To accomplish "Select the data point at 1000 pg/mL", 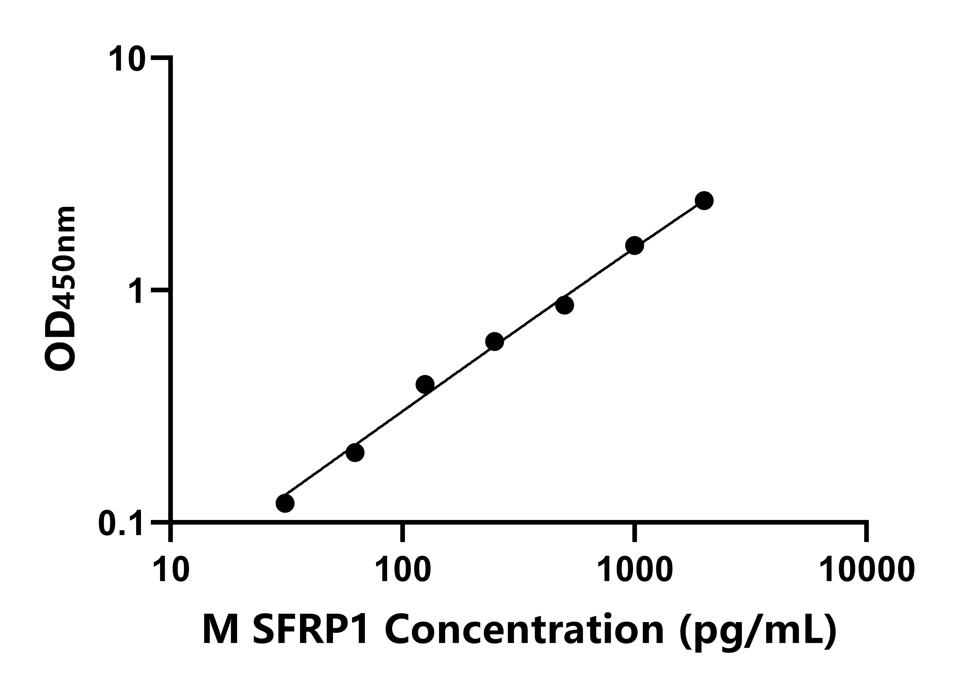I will pos(634,246).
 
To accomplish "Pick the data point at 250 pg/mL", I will pos(494,342).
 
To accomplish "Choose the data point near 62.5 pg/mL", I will pos(355,452).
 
